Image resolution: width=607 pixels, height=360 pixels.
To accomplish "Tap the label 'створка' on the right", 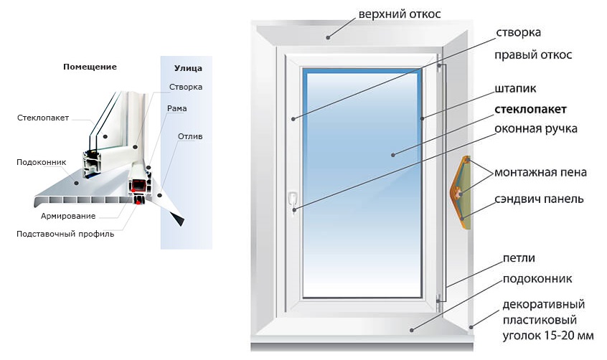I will click(x=518, y=33).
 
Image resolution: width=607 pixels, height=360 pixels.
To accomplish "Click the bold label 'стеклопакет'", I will click(x=530, y=110).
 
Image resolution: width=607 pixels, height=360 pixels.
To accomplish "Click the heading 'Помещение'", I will click(x=90, y=67).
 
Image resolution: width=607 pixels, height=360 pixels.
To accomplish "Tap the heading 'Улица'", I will click(x=188, y=69).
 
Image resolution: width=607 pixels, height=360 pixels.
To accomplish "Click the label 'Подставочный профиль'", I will click(x=65, y=233).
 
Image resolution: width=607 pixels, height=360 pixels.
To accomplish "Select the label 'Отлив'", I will click(x=191, y=136).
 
